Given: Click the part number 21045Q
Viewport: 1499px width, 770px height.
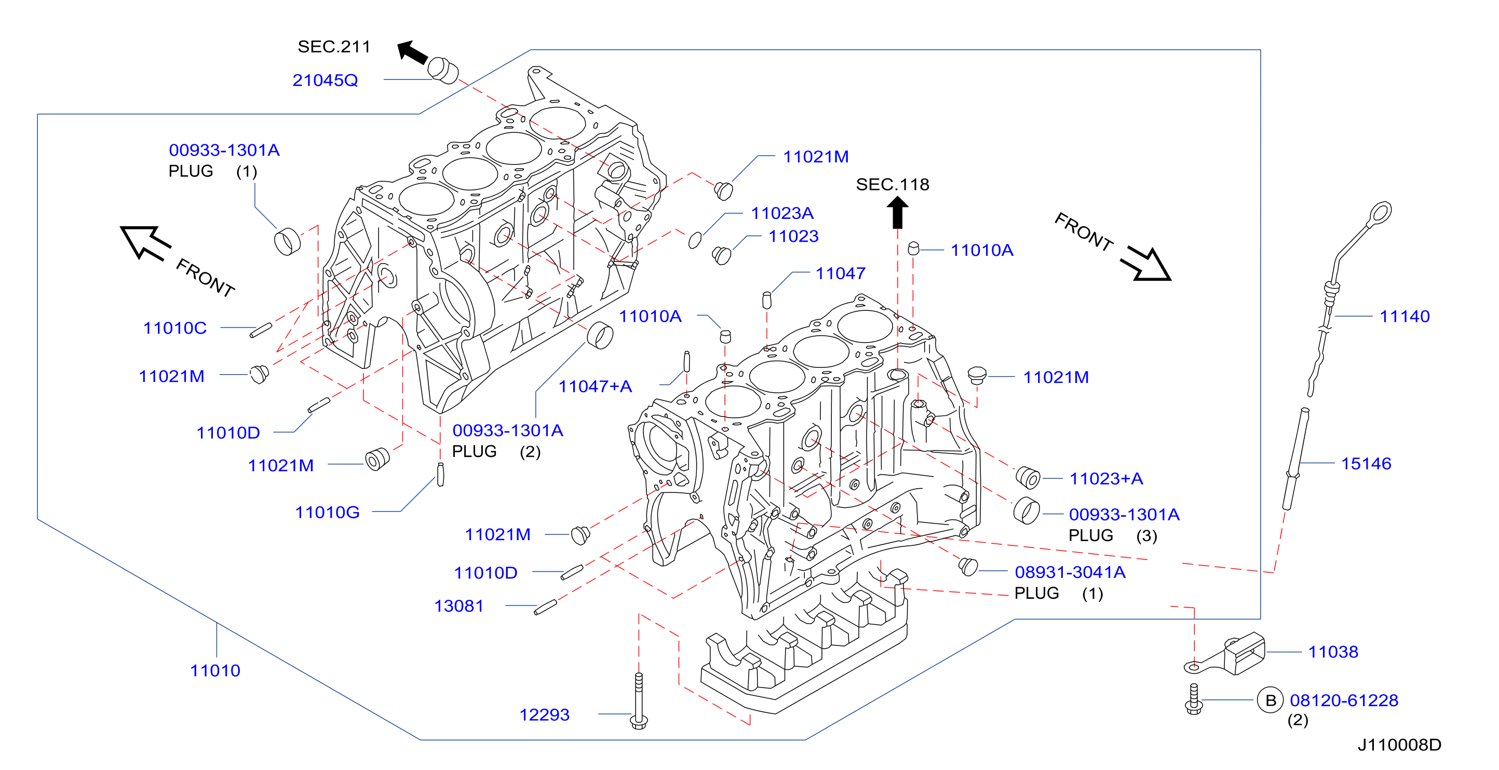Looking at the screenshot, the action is (x=325, y=80).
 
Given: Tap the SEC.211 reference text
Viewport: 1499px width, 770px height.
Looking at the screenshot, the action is (x=334, y=47).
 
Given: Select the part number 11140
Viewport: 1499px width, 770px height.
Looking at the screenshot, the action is (x=1404, y=317).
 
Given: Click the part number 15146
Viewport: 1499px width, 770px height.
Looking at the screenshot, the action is (x=1366, y=463).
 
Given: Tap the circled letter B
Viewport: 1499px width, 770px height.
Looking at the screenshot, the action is (x=1271, y=700).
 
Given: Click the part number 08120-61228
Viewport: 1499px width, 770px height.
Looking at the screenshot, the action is (x=1344, y=700).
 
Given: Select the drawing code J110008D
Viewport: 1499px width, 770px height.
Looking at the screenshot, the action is (x=1399, y=745).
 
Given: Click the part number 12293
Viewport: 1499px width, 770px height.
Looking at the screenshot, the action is (x=544, y=715).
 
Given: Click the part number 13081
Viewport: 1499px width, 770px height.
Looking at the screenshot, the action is (x=458, y=606).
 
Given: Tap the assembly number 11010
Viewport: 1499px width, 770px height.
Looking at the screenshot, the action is (x=215, y=670).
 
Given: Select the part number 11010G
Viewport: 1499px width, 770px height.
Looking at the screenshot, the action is (x=327, y=512).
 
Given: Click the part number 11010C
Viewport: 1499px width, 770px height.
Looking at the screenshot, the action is (x=174, y=328).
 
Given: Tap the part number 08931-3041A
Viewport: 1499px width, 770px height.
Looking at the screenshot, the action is (x=1070, y=572).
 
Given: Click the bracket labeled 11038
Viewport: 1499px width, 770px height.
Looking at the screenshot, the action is (x=1224, y=655).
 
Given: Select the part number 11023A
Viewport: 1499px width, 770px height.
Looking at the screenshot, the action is (x=781, y=213).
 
